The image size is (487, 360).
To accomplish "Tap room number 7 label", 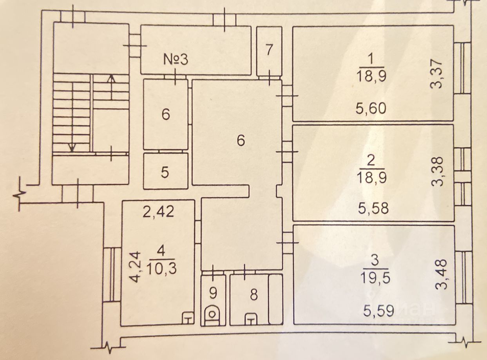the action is pyautogui.click(x=269, y=51).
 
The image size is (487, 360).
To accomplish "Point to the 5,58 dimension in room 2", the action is pyautogui.click(x=373, y=208).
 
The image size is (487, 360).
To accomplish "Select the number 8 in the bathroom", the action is pyautogui.click(x=254, y=295).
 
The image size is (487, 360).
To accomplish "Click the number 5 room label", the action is pyautogui.click(x=165, y=172).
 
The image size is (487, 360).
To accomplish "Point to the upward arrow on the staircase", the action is pyautogui.click(x=111, y=86).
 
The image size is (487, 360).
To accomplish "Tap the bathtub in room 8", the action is pyautogui.click(x=275, y=299).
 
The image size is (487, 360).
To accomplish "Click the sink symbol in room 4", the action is pyautogui.click(x=188, y=318).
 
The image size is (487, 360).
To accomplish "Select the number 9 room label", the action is pyautogui.click(x=213, y=292).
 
